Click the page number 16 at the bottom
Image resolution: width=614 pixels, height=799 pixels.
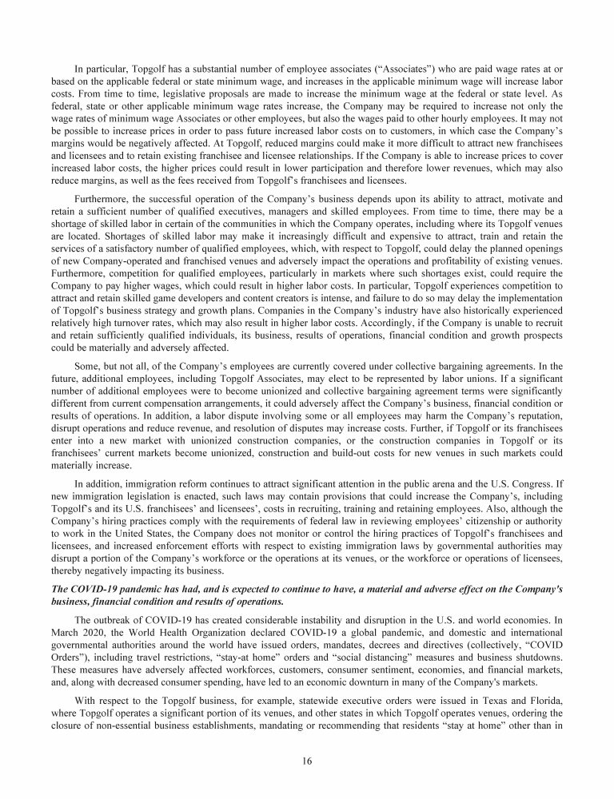[x=307, y=761]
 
